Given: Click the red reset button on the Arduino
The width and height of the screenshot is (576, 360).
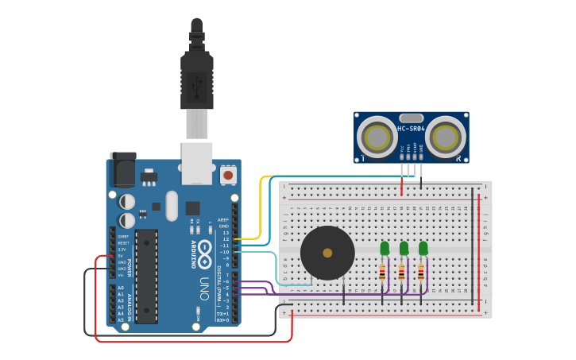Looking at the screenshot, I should (229, 174).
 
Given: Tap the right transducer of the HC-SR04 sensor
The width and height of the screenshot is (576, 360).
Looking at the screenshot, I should (445, 137).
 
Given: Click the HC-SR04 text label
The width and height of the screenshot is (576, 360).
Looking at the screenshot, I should (411, 128).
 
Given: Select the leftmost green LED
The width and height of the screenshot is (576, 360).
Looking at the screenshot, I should (385, 249).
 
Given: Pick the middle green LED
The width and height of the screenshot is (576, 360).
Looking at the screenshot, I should (404, 249).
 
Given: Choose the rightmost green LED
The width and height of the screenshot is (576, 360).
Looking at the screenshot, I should (423, 249).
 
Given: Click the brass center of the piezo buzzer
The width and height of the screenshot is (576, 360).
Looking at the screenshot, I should (327, 253).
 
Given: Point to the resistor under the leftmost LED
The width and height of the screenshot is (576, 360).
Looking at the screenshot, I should (382, 273).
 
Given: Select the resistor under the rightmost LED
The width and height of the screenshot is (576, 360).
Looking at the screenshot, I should (420, 273).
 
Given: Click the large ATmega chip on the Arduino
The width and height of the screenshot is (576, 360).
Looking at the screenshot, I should (146, 276).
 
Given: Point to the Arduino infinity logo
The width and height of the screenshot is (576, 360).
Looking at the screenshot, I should (204, 249).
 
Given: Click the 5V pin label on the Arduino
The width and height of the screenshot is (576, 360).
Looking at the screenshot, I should (122, 255).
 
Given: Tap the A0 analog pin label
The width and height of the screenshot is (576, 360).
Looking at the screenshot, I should (121, 288).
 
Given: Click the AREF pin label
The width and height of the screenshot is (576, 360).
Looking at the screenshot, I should (223, 219).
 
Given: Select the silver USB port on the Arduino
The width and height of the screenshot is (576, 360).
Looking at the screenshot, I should (197, 162).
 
